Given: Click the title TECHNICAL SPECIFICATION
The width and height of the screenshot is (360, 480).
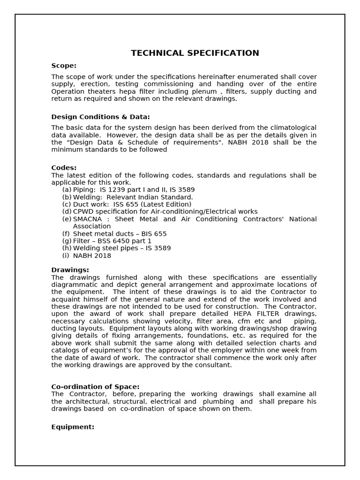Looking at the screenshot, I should pyautogui.click(x=195, y=53).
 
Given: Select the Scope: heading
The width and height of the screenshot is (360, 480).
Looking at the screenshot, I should pyautogui.click(x=64, y=66).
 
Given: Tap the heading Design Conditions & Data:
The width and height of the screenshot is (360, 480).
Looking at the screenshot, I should pyautogui.click(x=100, y=117).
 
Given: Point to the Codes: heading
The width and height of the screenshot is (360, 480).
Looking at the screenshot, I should pyautogui.click(x=64, y=168).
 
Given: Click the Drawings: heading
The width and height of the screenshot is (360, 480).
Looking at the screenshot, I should pyautogui.click(x=70, y=270).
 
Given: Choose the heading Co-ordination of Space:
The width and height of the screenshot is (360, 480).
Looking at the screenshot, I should pyautogui.click(x=95, y=387).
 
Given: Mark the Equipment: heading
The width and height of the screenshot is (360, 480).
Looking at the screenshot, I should pyautogui.click(x=73, y=427).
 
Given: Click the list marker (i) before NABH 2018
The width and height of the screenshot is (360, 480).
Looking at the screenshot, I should pyautogui.click(x=66, y=255).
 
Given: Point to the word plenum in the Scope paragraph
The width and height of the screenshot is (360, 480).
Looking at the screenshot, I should pyautogui.click(x=204, y=91).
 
